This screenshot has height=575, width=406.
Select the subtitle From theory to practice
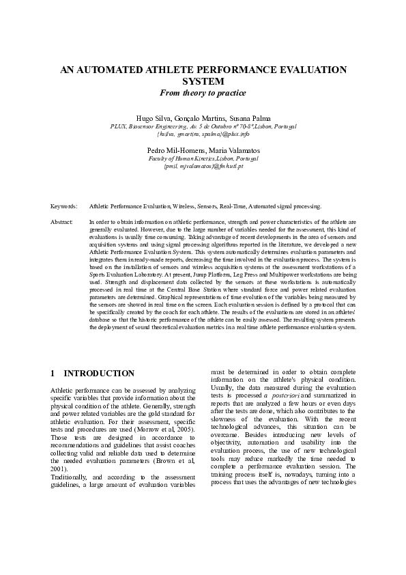click(x=203, y=92)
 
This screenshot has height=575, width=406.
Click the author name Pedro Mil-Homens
click(x=175, y=150)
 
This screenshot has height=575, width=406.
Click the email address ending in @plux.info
click(x=203, y=134)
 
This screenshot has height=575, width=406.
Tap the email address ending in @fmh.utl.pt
click(x=203, y=166)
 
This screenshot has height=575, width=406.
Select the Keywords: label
click(x=64, y=206)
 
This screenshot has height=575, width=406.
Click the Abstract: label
click(x=62, y=223)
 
